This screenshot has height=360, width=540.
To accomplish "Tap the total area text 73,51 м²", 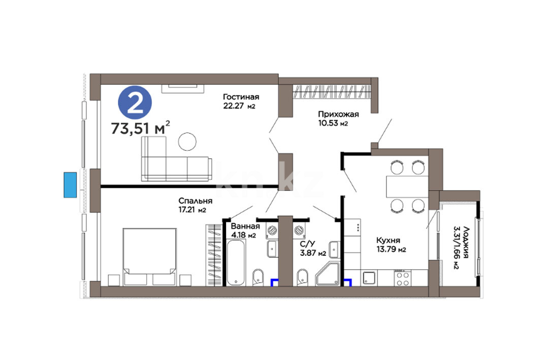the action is coord(141,128).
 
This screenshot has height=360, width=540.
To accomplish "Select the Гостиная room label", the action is coord(241,97).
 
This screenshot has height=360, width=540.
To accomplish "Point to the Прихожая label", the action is coord(338,114).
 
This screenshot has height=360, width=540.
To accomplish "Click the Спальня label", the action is coord(195,201).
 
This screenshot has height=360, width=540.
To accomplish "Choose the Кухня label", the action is coord(388,240).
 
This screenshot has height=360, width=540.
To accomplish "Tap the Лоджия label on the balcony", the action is coord(466,242).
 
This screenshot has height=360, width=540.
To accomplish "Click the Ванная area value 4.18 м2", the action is coord(243,236).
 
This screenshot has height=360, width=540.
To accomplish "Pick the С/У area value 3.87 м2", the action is coord(313,253).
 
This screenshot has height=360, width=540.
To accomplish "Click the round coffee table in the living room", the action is coord(187,142).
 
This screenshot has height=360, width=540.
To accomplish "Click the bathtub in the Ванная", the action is coord(236,263).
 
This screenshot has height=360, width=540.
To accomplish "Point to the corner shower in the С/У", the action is coord(328,274).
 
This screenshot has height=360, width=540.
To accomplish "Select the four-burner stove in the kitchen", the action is coord(402,278).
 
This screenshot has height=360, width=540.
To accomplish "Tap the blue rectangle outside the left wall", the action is coord(70,185).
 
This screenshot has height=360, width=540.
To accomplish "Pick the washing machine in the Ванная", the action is coord(272,231).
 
